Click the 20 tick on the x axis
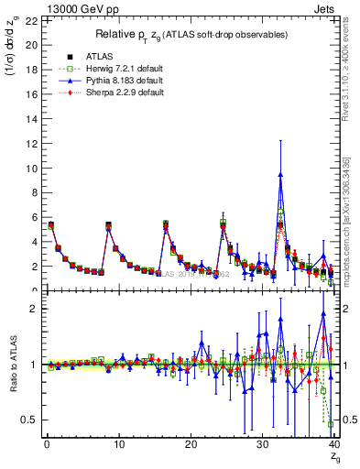191,445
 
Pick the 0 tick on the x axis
46,445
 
